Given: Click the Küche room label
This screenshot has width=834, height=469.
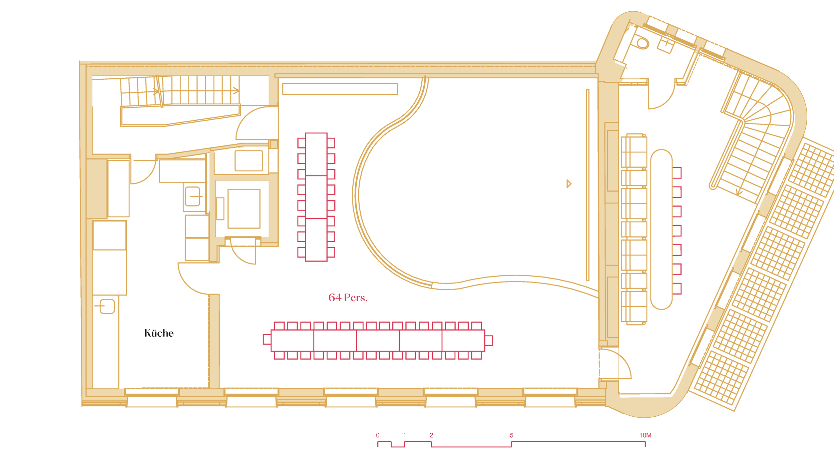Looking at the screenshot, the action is [x=159, y=333].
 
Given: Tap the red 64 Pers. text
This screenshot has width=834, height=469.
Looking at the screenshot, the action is [x=348, y=298].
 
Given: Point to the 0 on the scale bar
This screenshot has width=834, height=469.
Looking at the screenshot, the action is [x=378, y=435].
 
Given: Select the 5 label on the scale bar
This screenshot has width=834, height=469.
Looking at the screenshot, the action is [x=511, y=435].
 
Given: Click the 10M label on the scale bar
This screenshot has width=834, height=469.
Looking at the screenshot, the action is [x=645, y=435].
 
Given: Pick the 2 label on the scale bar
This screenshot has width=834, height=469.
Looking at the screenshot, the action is [x=431, y=435].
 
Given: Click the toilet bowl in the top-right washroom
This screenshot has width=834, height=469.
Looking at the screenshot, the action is [x=642, y=43].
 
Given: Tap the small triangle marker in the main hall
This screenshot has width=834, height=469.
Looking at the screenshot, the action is [x=569, y=184].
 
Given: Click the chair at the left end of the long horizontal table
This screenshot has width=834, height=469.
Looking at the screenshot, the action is [x=267, y=339].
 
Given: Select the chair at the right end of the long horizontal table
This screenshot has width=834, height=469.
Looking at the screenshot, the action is [x=489, y=341].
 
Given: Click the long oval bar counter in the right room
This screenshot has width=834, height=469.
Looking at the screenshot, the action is [x=661, y=229].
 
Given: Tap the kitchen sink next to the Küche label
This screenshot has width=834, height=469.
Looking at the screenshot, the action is [x=107, y=307].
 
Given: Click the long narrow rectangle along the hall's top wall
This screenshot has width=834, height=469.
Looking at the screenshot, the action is [x=340, y=89].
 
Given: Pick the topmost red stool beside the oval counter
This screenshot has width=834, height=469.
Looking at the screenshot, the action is [x=677, y=173].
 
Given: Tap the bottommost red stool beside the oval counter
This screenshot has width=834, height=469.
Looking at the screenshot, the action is [x=677, y=289].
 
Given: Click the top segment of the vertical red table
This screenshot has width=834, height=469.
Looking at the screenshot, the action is [x=316, y=154].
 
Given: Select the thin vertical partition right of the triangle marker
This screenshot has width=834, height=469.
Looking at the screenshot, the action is [x=587, y=185].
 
